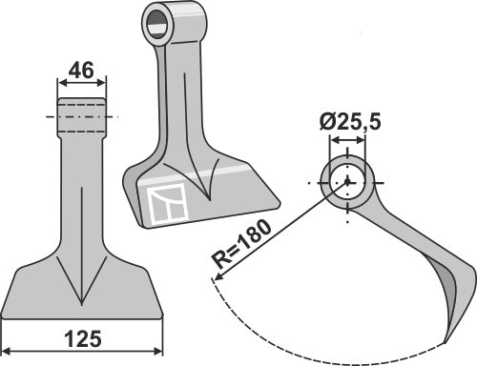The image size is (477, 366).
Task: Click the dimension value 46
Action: point(82,70)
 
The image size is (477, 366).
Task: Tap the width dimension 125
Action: point(82,338)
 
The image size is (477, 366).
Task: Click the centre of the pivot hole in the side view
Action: point(348,181)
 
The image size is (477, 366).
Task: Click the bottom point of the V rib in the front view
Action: point(82,290)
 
